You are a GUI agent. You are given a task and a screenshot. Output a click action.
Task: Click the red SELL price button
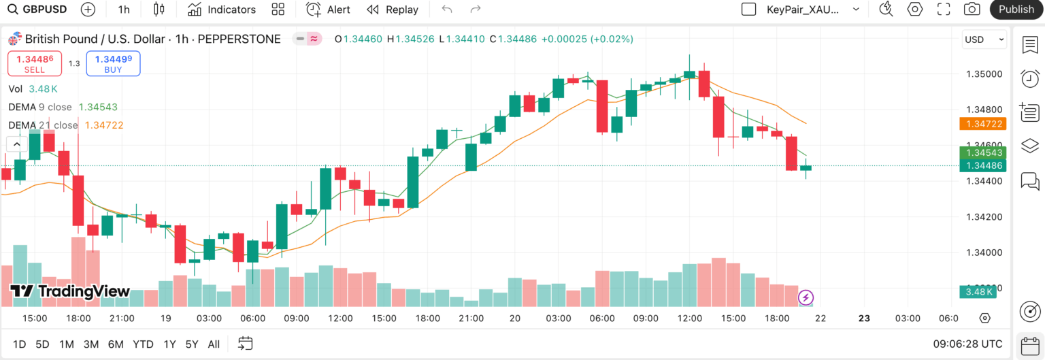tap(35, 63)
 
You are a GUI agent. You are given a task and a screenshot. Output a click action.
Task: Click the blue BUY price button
tap(114, 63)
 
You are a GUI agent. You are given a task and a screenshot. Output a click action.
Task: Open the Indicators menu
tap(222, 10)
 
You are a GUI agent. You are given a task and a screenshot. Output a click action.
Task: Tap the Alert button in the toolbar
tap(328, 10)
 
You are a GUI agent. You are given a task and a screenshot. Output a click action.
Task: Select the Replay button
tap(393, 10)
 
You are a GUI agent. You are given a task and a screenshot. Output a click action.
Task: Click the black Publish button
tap(1016, 10)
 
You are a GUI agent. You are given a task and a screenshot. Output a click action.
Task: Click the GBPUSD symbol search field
tap(38, 10)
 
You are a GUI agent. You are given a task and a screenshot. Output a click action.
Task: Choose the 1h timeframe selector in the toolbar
tap(124, 10)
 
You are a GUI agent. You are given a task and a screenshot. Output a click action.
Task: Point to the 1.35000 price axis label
tap(984, 74)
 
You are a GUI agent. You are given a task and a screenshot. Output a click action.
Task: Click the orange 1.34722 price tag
tap(982, 124)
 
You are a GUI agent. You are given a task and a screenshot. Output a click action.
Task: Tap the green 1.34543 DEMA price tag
tap(982, 152)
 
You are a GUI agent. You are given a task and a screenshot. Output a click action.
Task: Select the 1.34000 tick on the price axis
tap(984, 252)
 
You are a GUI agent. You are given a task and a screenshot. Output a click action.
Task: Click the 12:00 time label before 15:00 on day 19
tap(340, 318)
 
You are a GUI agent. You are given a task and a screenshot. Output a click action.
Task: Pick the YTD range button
tap(143, 344)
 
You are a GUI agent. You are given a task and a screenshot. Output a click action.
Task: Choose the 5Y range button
tap(192, 344)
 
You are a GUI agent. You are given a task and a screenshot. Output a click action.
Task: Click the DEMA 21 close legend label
tap(43, 125)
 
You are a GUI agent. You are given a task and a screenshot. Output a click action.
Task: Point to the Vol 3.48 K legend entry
tap(33, 88)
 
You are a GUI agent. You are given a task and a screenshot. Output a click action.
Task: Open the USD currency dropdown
tap(984, 39)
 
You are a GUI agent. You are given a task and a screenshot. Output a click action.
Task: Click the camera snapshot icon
tap(972, 10)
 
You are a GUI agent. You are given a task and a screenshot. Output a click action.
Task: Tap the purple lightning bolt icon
tap(806, 297)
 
